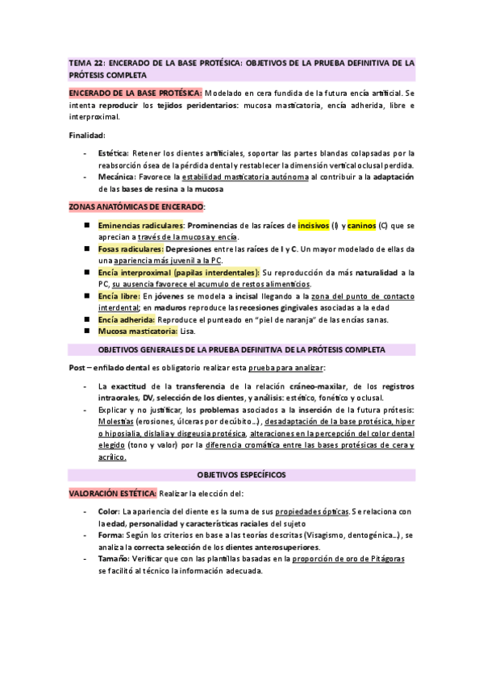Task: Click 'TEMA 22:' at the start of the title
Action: click(x=86, y=61)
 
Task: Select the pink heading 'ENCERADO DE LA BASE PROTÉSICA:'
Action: click(x=135, y=93)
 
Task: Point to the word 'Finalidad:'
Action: click(x=86, y=135)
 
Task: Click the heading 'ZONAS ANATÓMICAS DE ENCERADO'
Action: click(x=135, y=207)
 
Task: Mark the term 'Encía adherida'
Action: click(x=124, y=319)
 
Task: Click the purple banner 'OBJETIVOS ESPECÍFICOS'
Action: click(x=242, y=476)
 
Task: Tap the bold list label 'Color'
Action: click(x=108, y=511)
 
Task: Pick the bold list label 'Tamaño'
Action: click(x=113, y=558)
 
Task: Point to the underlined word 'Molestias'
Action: click(x=116, y=422)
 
